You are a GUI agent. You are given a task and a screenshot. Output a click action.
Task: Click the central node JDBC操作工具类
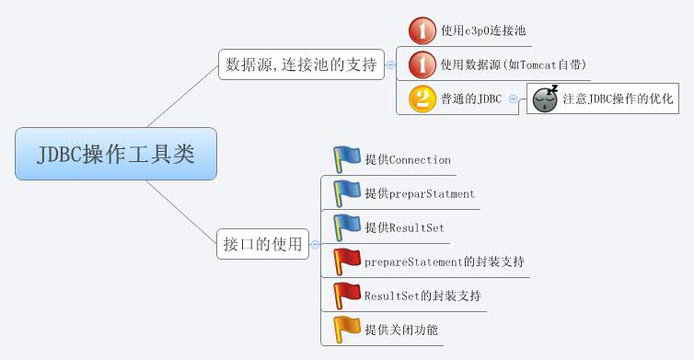pos(116,153)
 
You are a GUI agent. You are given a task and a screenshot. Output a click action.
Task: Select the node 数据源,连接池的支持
pos(301,64)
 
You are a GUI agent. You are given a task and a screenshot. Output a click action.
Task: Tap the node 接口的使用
pos(263,244)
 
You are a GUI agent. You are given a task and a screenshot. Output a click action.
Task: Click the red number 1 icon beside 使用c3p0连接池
pos(422,30)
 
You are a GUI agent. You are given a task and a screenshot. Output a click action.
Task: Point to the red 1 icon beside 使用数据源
pos(422,64)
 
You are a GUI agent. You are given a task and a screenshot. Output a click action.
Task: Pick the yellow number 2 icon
pos(422,98)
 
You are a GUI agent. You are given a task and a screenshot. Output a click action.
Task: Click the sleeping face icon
pos(546,98)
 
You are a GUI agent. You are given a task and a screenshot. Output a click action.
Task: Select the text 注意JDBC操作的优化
pos(618,98)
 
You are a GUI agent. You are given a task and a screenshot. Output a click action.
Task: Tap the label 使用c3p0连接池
pos(483,30)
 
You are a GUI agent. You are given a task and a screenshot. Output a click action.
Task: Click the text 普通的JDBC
pos(471,98)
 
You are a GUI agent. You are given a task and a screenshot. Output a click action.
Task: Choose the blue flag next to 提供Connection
pos(347,158)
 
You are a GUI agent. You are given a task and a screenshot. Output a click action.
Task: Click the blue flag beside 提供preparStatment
pos(347,192)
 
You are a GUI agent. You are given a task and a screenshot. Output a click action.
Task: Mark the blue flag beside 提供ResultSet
pos(347,226)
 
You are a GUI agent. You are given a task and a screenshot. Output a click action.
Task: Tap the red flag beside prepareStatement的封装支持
pos(347,261)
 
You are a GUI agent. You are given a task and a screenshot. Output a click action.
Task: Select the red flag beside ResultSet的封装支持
pos(347,295)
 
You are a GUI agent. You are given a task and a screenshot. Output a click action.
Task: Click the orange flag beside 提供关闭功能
pos(347,329)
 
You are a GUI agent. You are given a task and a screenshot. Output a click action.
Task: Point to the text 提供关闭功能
pos(401,329)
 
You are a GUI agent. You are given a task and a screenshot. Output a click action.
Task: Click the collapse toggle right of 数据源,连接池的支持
pos(391,64)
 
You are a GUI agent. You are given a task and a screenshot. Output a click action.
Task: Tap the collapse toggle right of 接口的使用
pos(316,244)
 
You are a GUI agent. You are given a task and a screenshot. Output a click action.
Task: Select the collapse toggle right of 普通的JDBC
pos(514,98)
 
